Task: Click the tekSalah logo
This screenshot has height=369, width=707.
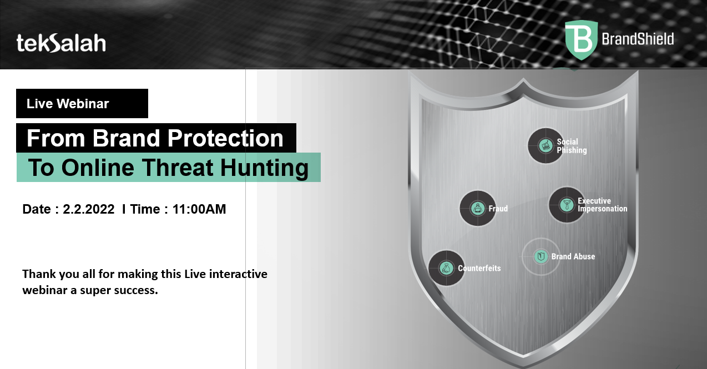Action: tap(61, 43)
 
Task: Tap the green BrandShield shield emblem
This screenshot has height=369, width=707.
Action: tap(581, 40)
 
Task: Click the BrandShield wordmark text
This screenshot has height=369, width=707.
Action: tap(638, 39)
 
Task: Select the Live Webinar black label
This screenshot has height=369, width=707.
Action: tap(82, 104)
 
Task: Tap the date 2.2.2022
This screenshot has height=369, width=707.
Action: tap(89, 209)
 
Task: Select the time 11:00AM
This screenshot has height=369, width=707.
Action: tap(199, 209)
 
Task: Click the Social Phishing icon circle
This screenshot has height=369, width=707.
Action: tap(546, 145)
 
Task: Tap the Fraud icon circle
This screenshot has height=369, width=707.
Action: tap(477, 209)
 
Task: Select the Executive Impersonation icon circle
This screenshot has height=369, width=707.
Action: tap(566, 205)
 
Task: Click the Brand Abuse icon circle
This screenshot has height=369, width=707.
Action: tap(541, 256)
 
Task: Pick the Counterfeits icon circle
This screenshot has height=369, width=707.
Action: tap(446, 269)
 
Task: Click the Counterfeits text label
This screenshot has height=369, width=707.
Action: tap(479, 269)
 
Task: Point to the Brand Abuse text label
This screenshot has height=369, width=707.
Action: tap(573, 256)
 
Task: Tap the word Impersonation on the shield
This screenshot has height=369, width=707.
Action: tap(602, 209)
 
